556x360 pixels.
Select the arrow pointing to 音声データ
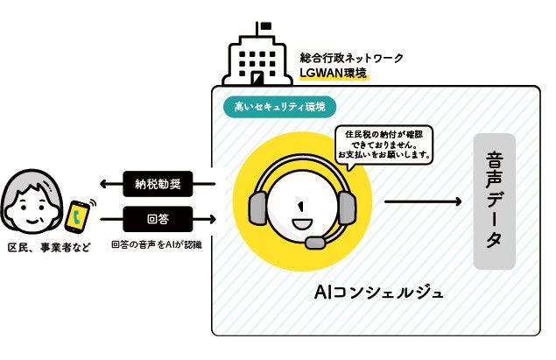422,202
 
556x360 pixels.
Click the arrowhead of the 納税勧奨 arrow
106,184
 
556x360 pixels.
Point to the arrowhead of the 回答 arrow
210,217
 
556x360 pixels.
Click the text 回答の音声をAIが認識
157,245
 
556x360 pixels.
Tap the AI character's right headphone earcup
347,207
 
